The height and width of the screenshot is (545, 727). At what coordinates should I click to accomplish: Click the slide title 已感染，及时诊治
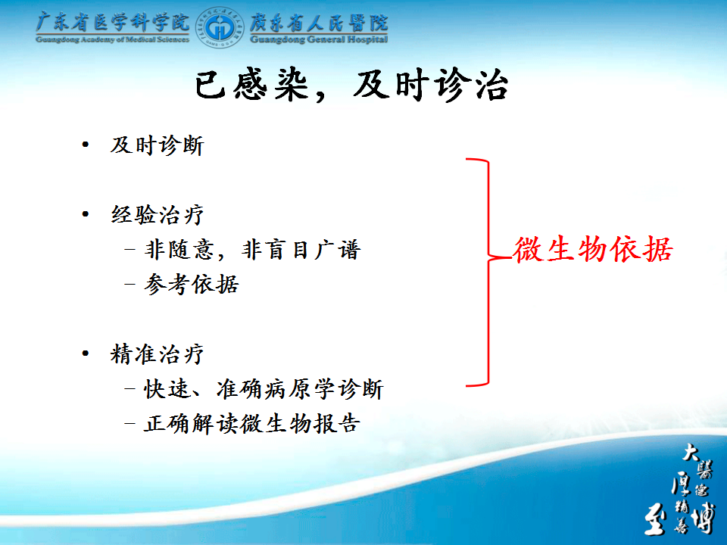351,86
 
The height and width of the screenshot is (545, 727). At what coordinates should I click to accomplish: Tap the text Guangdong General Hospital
319,39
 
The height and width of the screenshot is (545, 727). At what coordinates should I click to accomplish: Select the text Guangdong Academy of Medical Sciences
113,39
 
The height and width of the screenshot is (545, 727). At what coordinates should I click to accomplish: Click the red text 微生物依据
593,249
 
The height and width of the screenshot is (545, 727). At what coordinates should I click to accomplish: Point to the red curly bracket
488,272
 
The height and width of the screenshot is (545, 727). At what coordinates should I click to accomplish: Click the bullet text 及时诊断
158,145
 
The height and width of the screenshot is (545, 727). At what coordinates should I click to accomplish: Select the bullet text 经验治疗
158,214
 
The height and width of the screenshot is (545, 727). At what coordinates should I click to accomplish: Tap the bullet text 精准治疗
158,354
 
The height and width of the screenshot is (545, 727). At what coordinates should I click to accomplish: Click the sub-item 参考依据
192,284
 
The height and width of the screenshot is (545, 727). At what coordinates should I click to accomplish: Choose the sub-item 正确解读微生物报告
251,423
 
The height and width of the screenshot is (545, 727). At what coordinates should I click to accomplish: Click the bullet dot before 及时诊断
86,145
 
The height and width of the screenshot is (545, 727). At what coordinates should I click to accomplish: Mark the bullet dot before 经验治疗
86,214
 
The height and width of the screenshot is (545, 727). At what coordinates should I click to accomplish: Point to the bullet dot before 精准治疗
86,353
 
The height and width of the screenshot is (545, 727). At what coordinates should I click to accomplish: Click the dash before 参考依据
130,284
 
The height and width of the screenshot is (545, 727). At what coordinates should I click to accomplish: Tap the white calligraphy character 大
691,453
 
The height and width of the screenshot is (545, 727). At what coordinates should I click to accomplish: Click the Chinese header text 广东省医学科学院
113,22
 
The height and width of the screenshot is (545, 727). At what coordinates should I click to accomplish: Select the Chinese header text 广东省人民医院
319,22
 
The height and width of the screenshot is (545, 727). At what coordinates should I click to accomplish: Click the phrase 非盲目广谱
301,249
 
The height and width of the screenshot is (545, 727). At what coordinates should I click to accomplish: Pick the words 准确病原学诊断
300,389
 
